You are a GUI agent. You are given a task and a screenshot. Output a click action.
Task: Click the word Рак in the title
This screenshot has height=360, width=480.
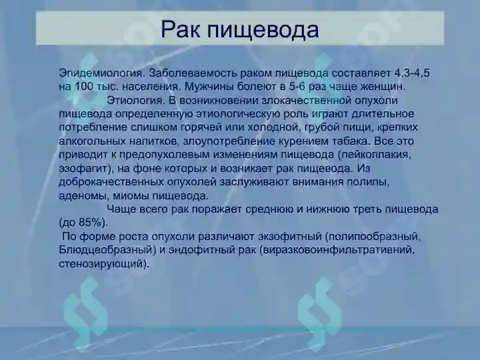click(x=181, y=29)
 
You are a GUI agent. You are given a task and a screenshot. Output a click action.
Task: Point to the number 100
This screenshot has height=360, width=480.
click(x=83, y=87)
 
